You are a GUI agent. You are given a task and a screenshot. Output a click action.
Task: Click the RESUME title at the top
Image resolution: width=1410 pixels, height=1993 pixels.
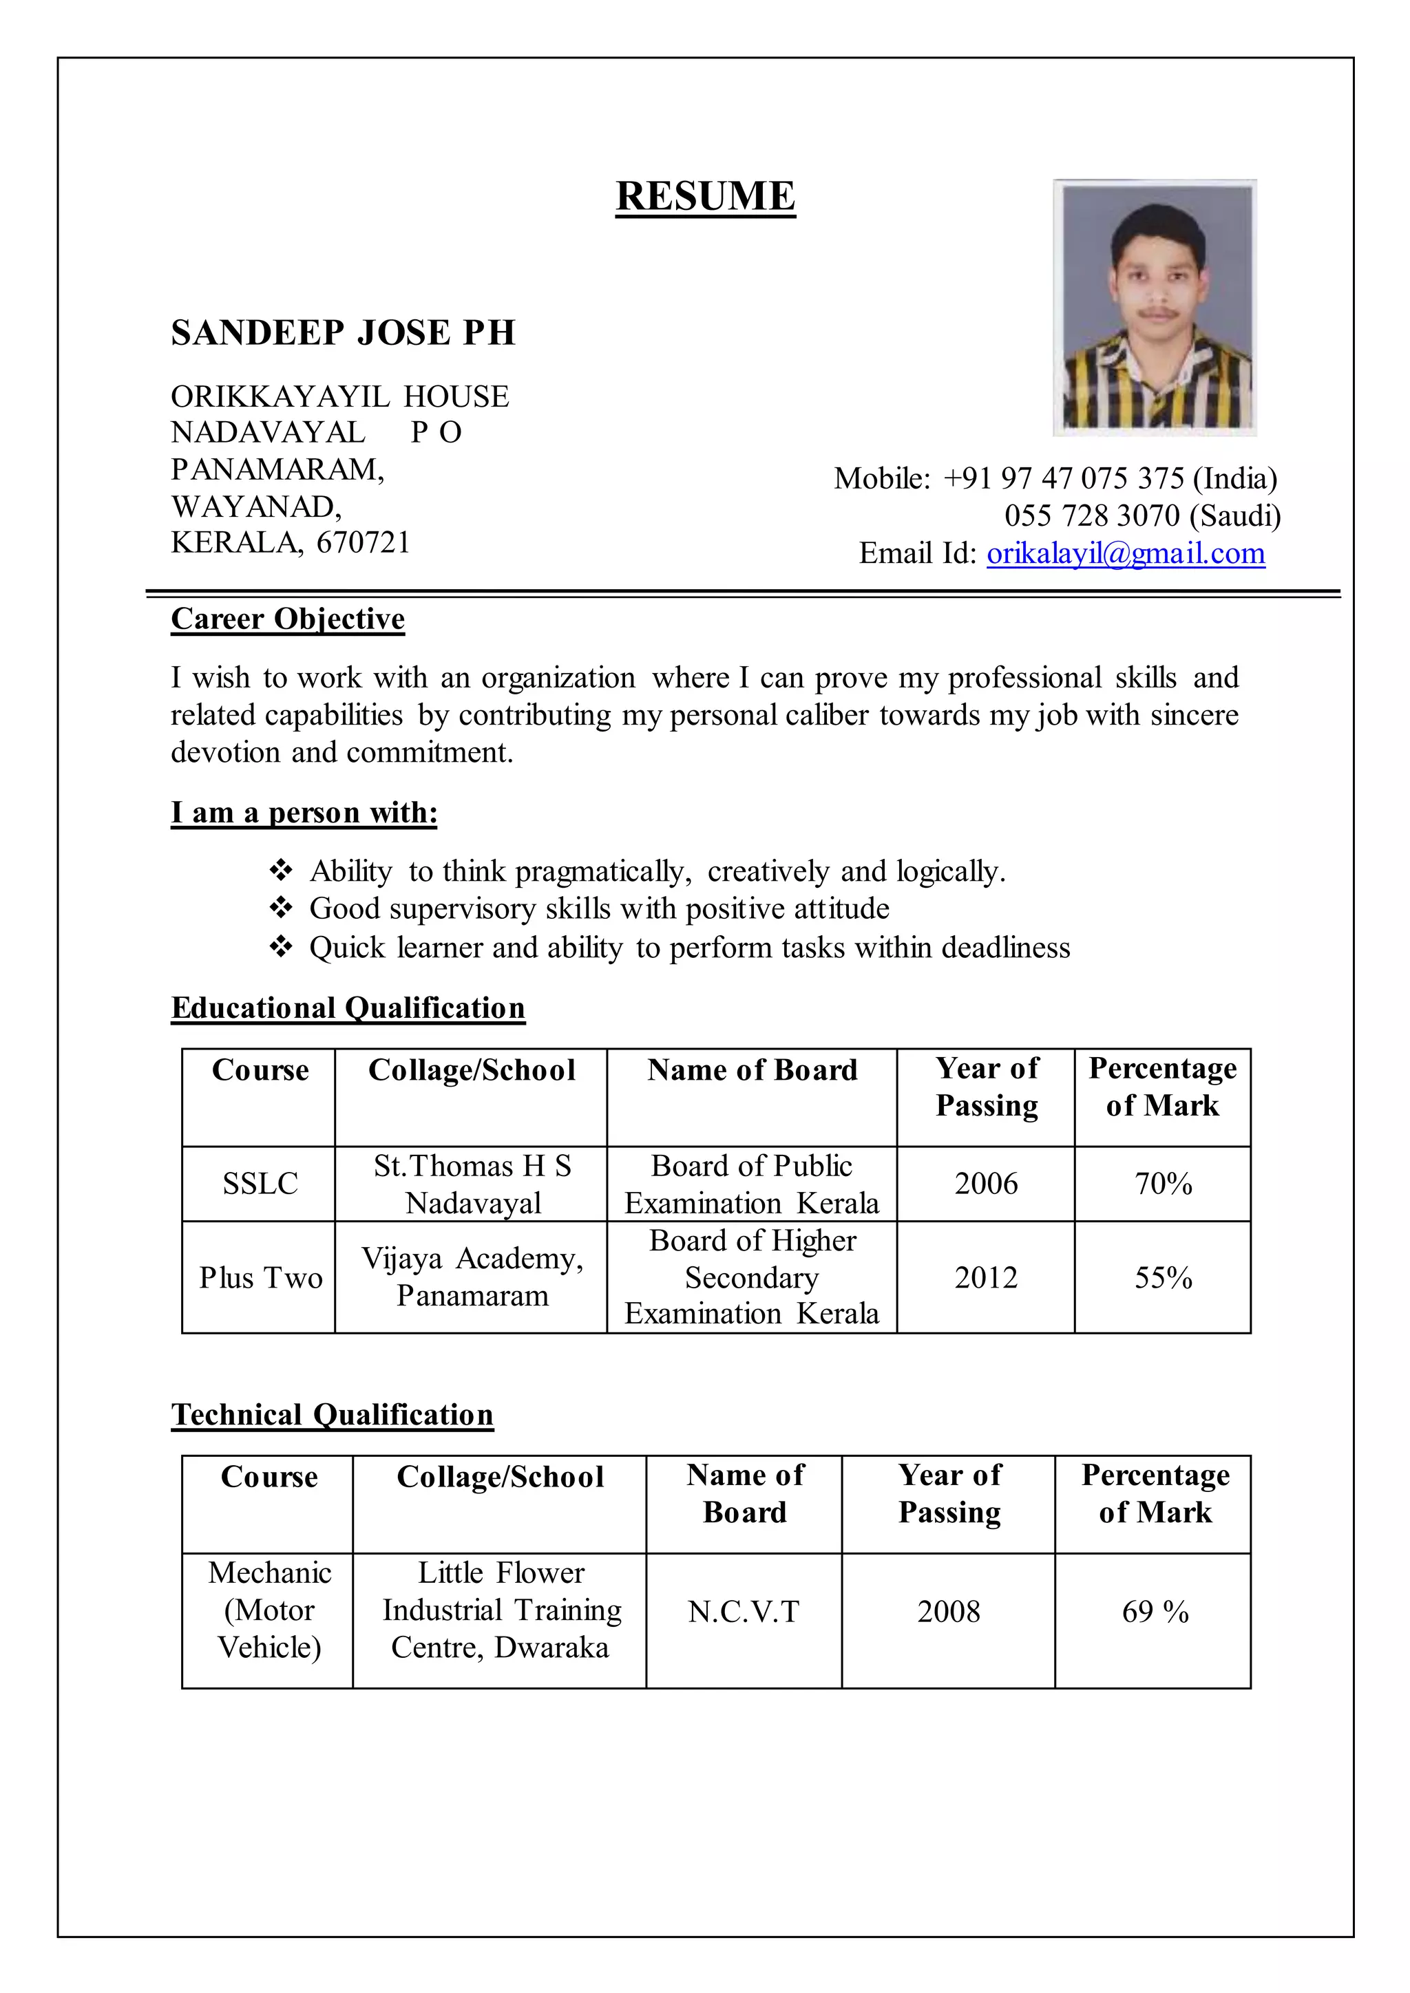pyautogui.click(x=705, y=196)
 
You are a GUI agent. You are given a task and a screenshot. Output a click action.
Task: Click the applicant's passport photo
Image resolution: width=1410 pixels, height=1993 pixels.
pyautogui.click(x=1154, y=308)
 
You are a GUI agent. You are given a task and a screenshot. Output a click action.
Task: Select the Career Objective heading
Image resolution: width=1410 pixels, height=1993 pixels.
pyautogui.click(x=287, y=619)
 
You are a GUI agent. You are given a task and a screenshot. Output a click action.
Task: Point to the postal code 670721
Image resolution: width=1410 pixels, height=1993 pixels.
pyautogui.click(x=363, y=542)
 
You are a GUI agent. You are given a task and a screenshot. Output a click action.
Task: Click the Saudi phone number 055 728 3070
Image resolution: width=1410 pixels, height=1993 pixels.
pyautogui.click(x=1091, y=515)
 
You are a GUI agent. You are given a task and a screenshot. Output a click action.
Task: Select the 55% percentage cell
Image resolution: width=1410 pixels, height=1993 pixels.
pyautogui.click(x=1163, y=1278)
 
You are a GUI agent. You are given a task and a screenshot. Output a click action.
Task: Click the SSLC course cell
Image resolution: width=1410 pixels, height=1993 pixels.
pyautogui.click(x=260, y=1184)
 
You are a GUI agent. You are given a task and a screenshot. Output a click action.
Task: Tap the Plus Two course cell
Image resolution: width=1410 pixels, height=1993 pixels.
pyautogui.click(x=260, y=1278)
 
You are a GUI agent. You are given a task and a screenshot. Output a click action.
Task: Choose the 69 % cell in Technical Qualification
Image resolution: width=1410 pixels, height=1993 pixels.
pyautogui.click(x=1154, y=1612)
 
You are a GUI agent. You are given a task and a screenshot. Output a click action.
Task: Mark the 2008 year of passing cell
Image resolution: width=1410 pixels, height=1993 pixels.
pyautogui.click(x=948, y=1612)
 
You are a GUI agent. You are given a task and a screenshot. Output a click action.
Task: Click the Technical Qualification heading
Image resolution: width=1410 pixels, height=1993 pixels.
pyautogui.click(x=332, y=1415)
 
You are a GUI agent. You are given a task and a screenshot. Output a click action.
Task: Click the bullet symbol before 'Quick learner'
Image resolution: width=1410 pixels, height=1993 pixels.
pyautogui.click(x=280, y=947)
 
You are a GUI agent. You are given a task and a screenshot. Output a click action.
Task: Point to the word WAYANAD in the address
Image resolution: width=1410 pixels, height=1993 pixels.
pyautogui.click(x=255, y=506)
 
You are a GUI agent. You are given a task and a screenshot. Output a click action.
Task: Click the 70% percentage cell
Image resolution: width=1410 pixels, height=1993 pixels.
pyautogui.click(x=1163, y=1184)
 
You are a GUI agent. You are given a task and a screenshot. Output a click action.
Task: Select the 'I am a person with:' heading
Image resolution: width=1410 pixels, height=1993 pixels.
pyautogui.click(x=304, y=813)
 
